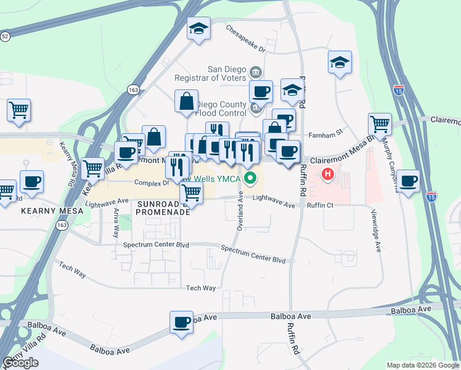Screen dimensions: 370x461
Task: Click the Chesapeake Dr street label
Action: click(245, 38)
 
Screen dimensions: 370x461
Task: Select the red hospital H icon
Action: click(328, 175)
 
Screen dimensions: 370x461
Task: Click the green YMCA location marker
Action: click(250, 179)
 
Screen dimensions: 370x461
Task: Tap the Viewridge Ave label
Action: click(377, 231)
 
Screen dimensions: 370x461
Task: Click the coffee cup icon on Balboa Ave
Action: click(182, 322)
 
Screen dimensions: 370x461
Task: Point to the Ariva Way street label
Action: click(116, 223)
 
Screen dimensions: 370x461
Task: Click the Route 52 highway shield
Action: click(5, 37)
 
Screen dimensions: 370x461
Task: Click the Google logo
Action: click(20, 363)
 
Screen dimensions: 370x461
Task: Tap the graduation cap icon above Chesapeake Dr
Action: click(199, 28)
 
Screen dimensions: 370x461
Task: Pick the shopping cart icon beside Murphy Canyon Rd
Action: click(380, 124)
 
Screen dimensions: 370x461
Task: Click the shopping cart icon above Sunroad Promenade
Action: click(192, 193)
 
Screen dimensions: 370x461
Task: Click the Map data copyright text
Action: click(423, 365)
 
